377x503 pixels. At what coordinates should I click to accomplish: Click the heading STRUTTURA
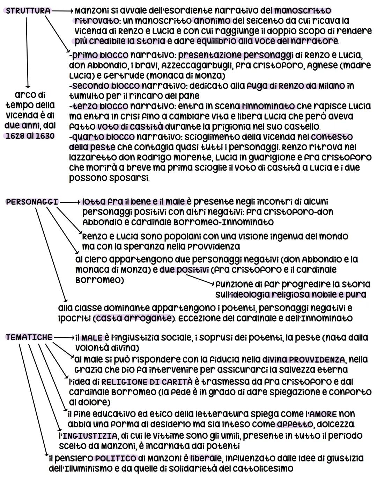(x=28, y=11)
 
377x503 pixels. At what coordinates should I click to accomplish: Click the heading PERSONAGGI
(x=32, y=202)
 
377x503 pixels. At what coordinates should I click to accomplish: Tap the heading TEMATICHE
(x=29, y=337)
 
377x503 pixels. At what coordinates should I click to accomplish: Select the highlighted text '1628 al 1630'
(x=30, y=136)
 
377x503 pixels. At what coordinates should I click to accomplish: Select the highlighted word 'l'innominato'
(x=268, y=106)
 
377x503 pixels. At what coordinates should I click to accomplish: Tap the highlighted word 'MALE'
(x=92, y=338)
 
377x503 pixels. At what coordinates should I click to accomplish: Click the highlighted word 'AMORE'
(x=323, y=414)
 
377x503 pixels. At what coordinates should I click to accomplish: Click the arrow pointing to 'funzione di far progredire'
(x=199, y=279)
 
